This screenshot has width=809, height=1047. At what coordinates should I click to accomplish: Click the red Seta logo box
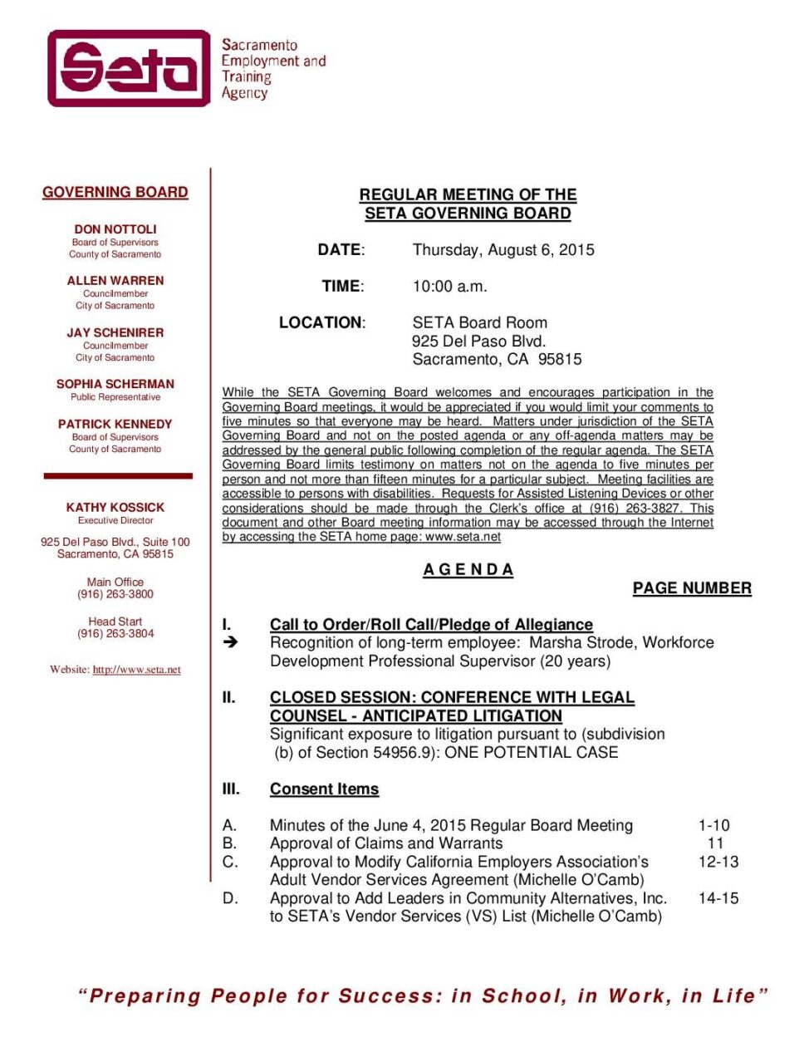pyautogui.click(x=129, y=68)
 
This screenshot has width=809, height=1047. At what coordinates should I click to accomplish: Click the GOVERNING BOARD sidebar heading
pyautogui.click(x=115, y=192)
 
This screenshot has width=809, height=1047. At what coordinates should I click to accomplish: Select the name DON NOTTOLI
pyautogui.click(x=115, y=229)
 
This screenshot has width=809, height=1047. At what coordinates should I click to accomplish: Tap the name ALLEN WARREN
pyautogui.click(x=115, y=281)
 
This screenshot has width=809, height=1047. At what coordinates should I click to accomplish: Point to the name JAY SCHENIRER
pyautogui.click(x=115, y=332)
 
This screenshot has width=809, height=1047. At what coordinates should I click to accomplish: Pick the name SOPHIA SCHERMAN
pyautogui.click(x=115, y=384)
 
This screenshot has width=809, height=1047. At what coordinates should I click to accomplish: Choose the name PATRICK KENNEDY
pyautogui.click(x=115, y=424)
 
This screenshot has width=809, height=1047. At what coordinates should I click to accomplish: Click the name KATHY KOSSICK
pyautogui.click(x=115, y=507)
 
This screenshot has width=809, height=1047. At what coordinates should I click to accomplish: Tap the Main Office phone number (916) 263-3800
pyautogui.click(x=115, y=594)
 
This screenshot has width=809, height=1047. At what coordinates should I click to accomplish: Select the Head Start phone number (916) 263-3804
pyautogui.click(x=115, y=633)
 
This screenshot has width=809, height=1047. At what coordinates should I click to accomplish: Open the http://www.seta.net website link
pyautogui.click(x=136, y=670)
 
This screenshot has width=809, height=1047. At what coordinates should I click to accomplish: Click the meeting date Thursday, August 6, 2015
pyautogui.click(x=503, y=250)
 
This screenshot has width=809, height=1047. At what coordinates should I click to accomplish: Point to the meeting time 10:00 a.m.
pyautogui.click(x=450, y=287)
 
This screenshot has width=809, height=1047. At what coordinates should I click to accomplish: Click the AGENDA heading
pyautogui.click(x=468, y=570)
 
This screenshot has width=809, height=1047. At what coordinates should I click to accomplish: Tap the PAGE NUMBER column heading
pyautogui.click(x=692, y=588)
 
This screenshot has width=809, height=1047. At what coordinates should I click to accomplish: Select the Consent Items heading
pyautogui.click(x=324, y=789)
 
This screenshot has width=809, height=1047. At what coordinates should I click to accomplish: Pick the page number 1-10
pyautogui.click(x=713, y=825)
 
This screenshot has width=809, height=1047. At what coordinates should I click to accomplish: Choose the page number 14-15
pyautogui.click(x=718, y=898)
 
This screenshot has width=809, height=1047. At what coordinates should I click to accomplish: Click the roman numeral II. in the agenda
pyautogui.click(x=229, y=697)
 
